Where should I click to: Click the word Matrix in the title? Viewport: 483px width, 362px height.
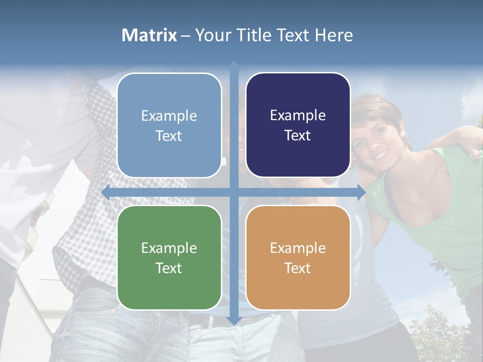[149, 35]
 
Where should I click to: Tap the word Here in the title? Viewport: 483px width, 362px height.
[334, 35]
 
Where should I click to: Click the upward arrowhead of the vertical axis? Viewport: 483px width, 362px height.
[233, 65]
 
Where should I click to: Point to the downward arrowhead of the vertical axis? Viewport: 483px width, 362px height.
[233, 320]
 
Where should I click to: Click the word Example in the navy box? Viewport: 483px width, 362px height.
[298, 116]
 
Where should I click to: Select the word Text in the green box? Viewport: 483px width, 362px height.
[169, 268]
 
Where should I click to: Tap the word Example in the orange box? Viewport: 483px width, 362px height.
[298, 248]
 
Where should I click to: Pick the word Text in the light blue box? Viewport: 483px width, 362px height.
[169, 136]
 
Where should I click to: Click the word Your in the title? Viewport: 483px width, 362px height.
[211, 35]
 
